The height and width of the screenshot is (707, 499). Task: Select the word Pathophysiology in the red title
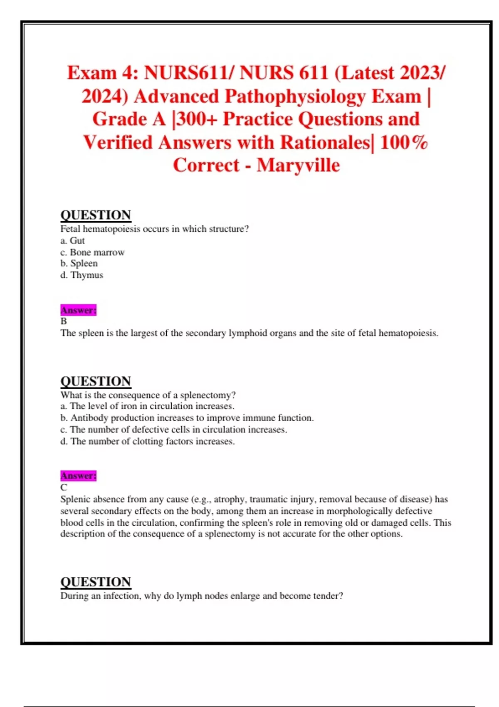295,96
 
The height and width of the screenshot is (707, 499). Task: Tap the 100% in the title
404,142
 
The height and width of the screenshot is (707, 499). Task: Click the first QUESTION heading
96,215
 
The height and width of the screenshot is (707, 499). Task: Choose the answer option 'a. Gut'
72,240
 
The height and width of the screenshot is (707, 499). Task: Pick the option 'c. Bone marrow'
92,252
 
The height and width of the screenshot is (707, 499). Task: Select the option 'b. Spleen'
79,263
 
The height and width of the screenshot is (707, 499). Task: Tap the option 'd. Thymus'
82,275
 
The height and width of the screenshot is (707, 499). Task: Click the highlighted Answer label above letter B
78,310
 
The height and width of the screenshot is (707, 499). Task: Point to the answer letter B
64,321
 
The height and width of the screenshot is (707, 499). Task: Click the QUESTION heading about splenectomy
96,381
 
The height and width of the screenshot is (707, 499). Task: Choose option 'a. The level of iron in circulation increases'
147,406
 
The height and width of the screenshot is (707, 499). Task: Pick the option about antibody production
187,418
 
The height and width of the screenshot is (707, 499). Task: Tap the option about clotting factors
147,441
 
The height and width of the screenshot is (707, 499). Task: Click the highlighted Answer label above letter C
78,475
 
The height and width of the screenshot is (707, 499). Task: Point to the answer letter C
64,487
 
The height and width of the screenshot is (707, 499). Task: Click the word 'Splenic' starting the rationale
75,499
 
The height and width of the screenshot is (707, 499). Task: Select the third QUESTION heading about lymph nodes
96,581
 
